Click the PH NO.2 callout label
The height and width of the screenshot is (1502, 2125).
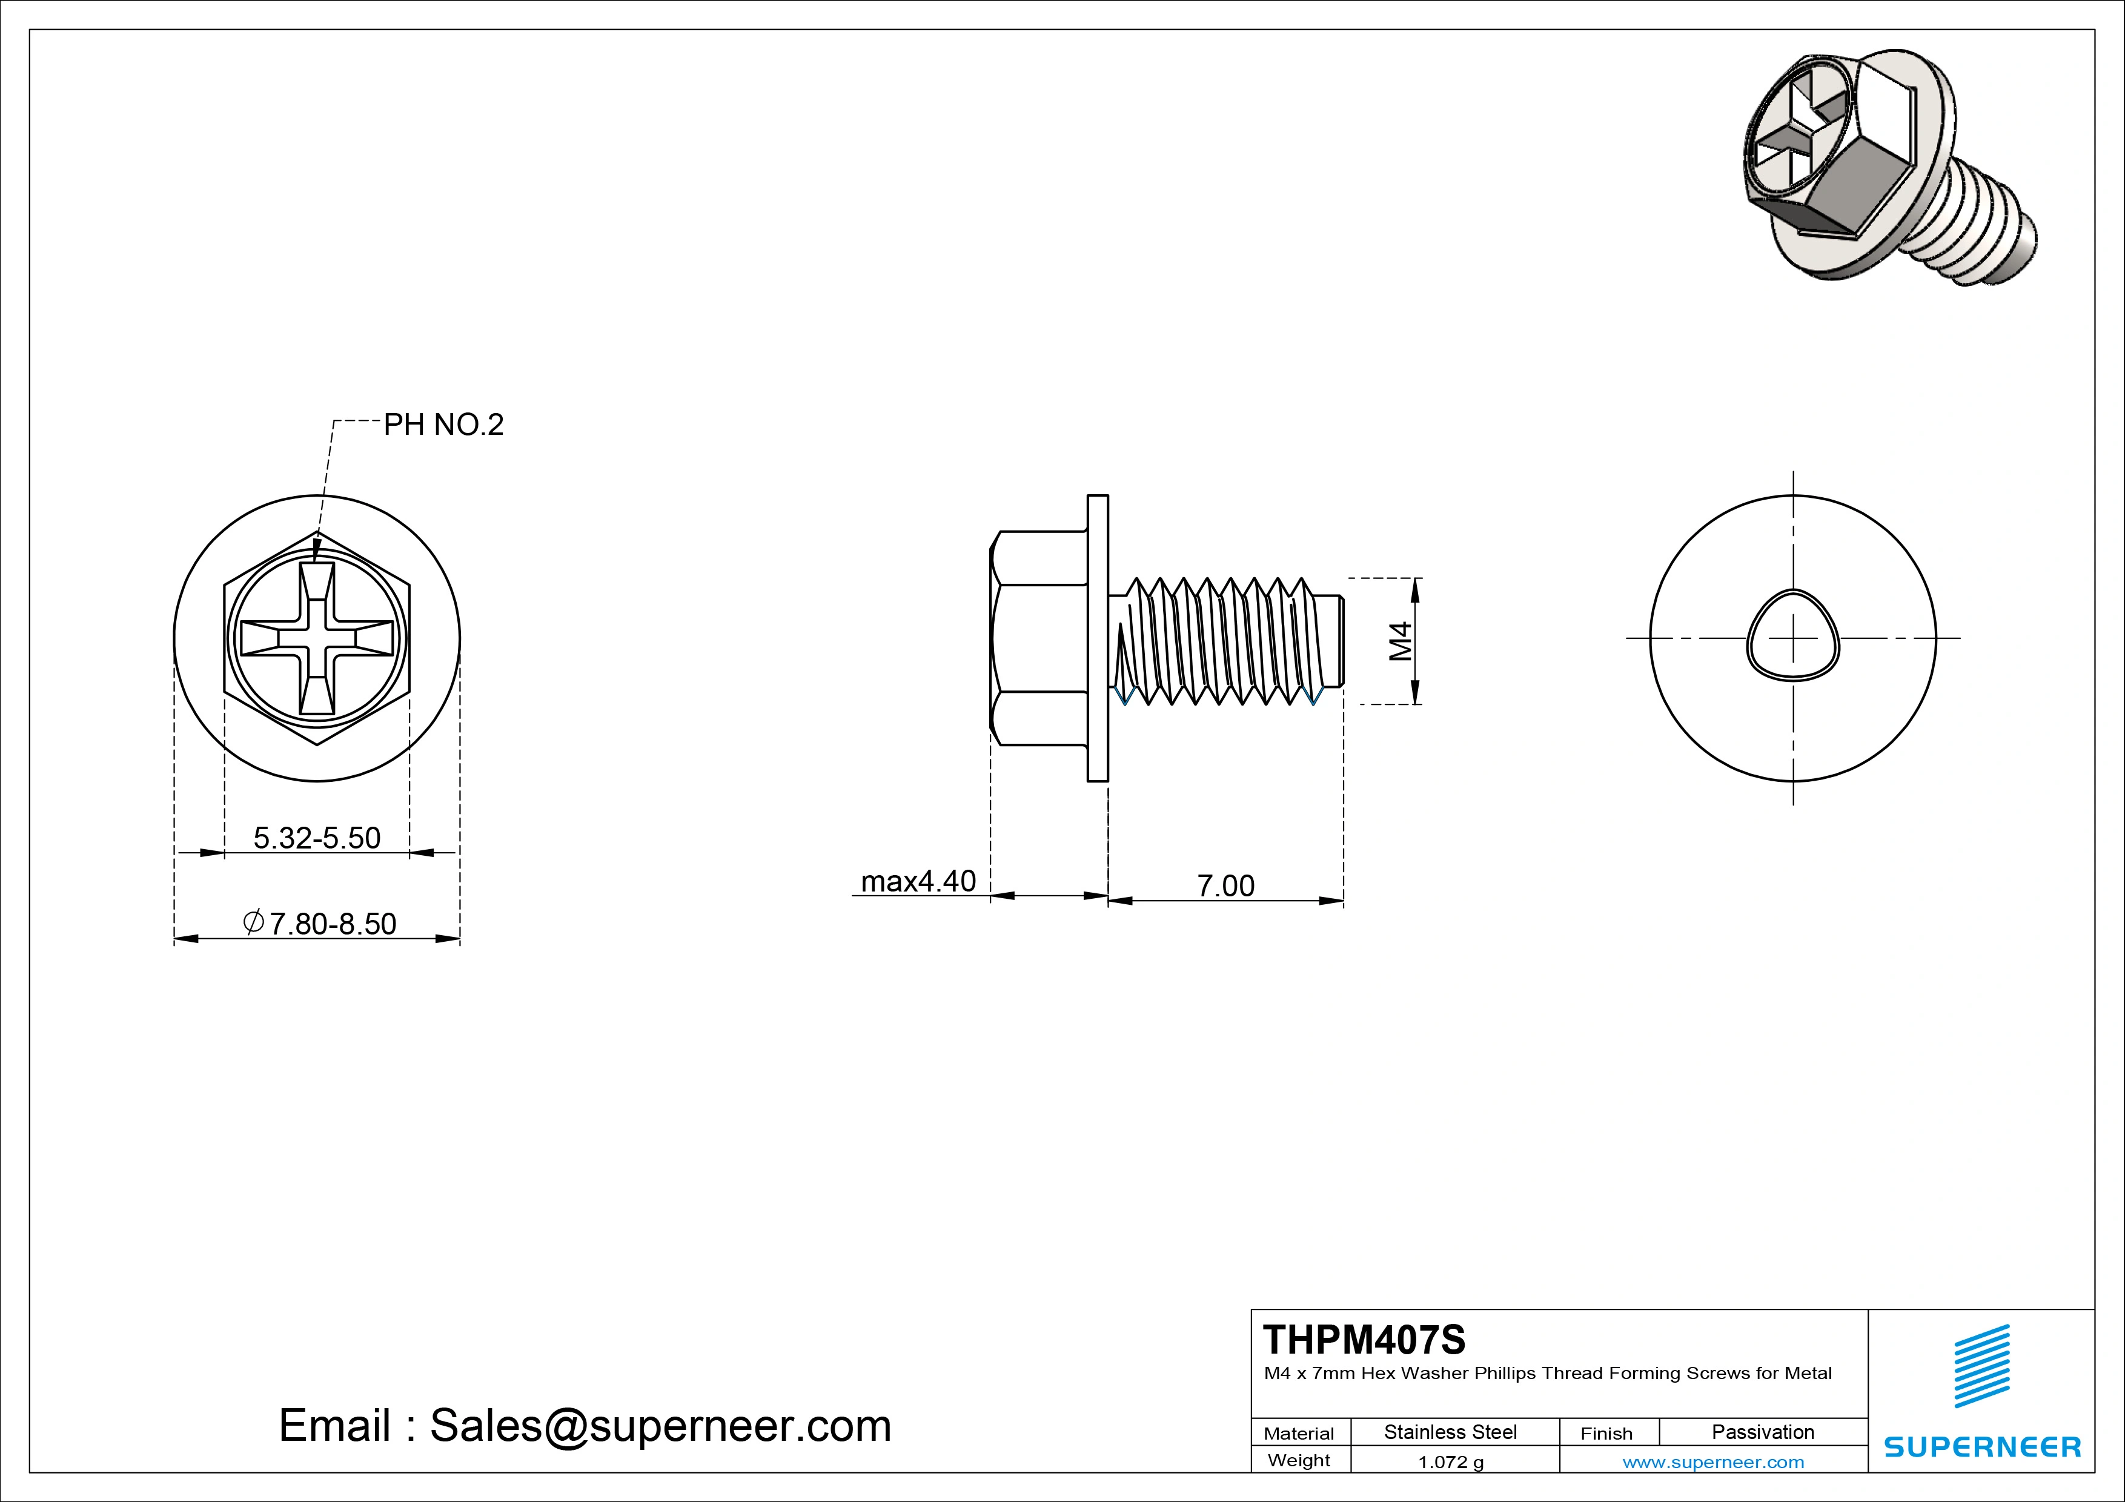coord(443,425)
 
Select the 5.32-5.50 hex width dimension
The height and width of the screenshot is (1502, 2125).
coord(317,838)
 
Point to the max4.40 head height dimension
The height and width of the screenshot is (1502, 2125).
coord(918,881)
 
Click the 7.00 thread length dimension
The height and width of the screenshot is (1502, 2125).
coord(1225,885)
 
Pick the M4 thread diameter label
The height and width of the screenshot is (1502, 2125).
coord(1401,640)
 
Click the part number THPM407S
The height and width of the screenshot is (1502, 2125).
coord(1364,1339)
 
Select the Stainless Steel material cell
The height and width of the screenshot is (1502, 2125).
coord(1450,1432)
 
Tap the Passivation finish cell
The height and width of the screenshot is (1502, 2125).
coord(1762,1432)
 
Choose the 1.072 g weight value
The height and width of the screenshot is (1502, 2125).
coord(1450,1462)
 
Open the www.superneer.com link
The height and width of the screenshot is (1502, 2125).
coord(1713,1462)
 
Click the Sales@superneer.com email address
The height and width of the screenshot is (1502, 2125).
coord(660,1425)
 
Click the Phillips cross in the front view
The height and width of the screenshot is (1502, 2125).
coord(317,638)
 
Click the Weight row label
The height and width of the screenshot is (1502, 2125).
coord(1299,1460)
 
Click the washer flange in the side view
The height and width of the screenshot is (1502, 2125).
coord(1098,638)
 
